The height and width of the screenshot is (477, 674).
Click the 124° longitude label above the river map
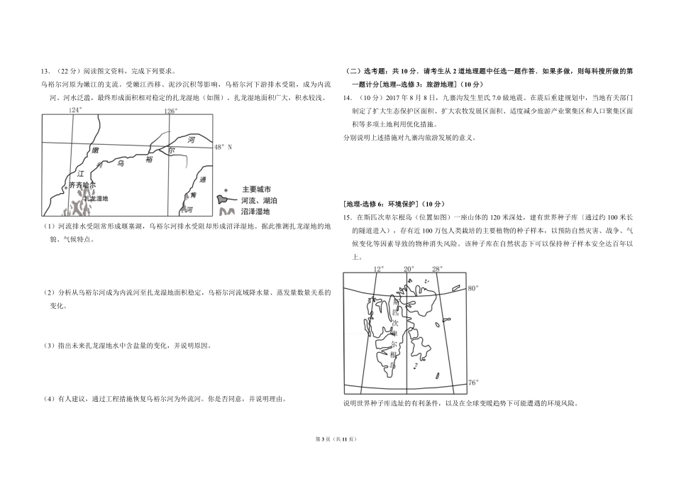point(75,110)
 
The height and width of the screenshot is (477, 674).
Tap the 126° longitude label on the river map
point(170,111)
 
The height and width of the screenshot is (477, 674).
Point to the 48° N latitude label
point(223,147)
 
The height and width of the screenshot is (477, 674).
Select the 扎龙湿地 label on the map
point(94,199)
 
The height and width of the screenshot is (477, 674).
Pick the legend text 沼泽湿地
point(256,212)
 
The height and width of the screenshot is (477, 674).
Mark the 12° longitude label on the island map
point(378,268)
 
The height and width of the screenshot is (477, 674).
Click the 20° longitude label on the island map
point(408,268)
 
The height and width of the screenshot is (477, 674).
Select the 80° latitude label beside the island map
point(473,288)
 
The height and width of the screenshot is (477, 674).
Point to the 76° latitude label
point(473,383)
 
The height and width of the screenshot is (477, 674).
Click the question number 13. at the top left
point(46,71)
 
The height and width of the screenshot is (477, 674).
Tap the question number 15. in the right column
point(348,216)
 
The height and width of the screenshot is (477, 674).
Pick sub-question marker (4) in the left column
point(48,398)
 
